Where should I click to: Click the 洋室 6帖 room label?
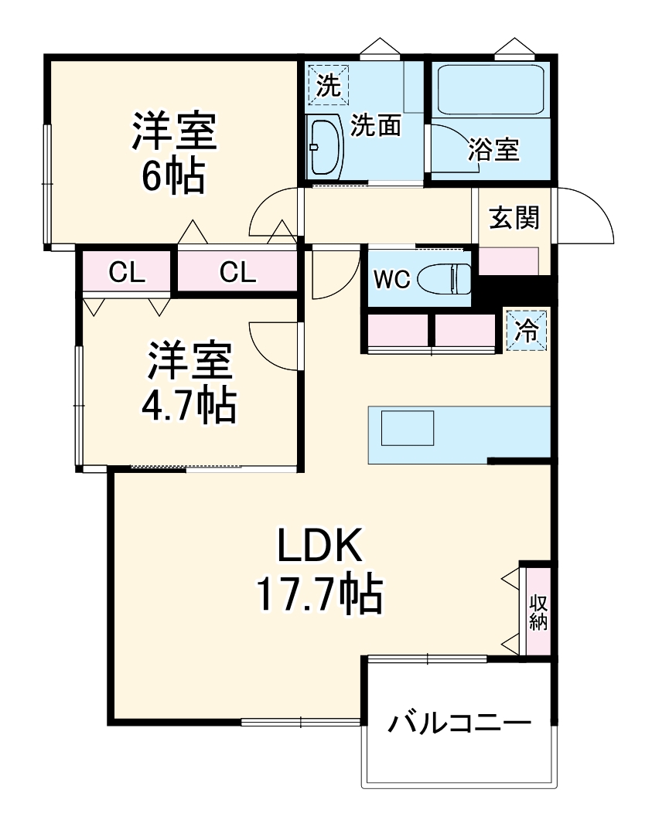[172, 152]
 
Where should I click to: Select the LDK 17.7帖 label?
[319, 571]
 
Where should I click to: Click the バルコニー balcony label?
[459, 724]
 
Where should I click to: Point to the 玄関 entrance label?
[513, 219]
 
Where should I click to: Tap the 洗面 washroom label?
[375, 126]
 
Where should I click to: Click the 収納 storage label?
[538, 612]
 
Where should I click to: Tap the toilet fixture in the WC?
[445, 278]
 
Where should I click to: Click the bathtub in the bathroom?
[492, 90]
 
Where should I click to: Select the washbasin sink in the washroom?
[325, 146]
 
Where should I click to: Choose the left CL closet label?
[126, 272]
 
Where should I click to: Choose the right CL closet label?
[237, 272]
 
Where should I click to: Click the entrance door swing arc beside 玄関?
[585, 216]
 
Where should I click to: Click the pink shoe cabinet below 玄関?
[509, 261]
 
